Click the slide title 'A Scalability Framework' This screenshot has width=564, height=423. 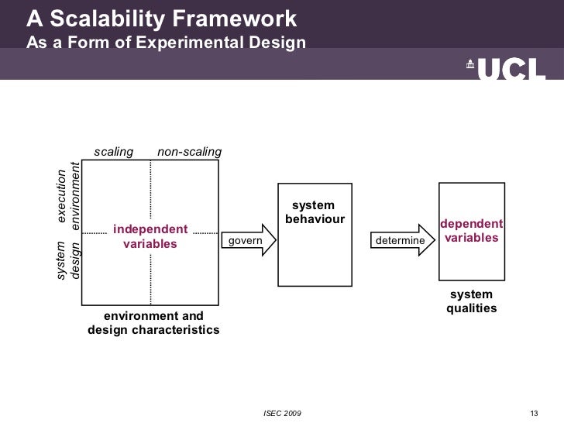click(x=161, y=18)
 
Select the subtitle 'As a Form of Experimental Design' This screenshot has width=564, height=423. click(x=167, y=42)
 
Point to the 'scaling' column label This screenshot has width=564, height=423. click(x=114, y=152)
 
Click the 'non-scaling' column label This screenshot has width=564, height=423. click(x=189, y=152)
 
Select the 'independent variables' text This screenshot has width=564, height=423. click(x=150, y=236)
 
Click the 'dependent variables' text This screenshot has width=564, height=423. click(x=471, y=231)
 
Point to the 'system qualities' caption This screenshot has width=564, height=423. click(x=471, y=302)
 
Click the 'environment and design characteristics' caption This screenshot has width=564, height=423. click(x=153, y=323)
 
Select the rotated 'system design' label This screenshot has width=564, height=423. click(x=69, y=260)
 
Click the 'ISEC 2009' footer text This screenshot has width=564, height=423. click(x=283, y=411)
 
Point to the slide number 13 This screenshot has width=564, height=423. click(x=532, y=411)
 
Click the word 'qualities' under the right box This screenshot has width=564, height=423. click(x=471, y=309)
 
